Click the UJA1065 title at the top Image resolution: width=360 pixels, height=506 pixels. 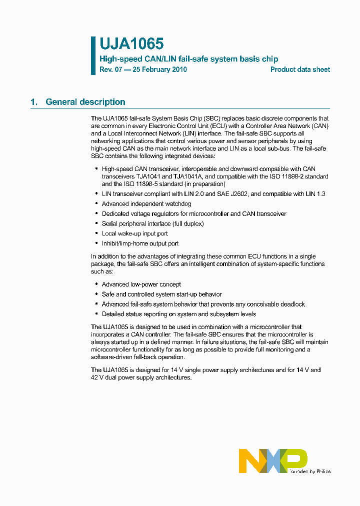pyautogui.click(x=131, y=44)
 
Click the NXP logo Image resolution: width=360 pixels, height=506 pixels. pyautogui.click(x=272, y=460)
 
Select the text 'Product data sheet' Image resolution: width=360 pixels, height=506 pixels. pyautogui.click(x=300, y=69)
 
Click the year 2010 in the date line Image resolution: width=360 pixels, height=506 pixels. pyautogui.click(x=179, y=69)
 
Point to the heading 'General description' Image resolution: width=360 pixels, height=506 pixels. pyautogui.click(x=85, y=102)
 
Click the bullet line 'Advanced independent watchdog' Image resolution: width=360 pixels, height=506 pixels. pyautogui.click(x=146, y=203)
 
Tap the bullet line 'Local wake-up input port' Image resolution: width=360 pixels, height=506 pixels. pyautogui.click(x=135, y=233)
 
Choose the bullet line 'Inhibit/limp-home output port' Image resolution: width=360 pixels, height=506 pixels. pyautogui.click(x=140, y=243)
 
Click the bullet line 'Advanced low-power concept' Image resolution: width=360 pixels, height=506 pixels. pyautogui.click(x=141, y=284)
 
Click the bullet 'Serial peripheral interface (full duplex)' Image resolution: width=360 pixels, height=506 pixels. pyautogui.click(x=153, y=223)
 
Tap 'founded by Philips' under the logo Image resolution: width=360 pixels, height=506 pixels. pyautogui.click(x=309, y=471)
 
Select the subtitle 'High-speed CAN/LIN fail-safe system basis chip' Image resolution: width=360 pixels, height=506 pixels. pyautogui.click(x=189, y=59)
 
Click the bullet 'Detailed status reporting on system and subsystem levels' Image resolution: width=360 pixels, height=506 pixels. pyautogui.click(x=179, y=314)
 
